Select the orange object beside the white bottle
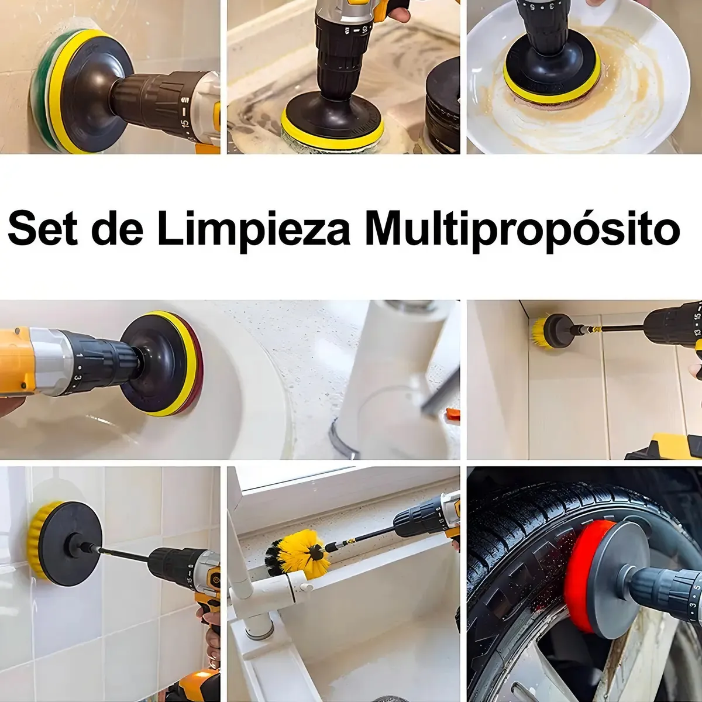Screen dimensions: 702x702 click(453, 414)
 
